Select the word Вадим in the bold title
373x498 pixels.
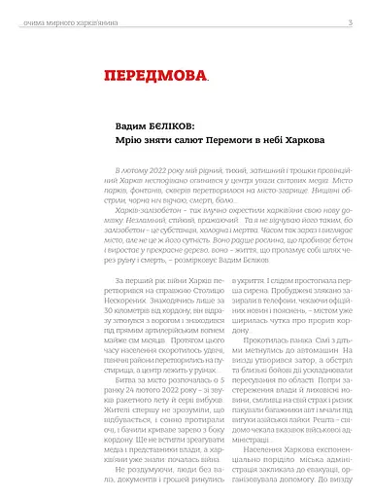pyautogui.click(x=121, y=128)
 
